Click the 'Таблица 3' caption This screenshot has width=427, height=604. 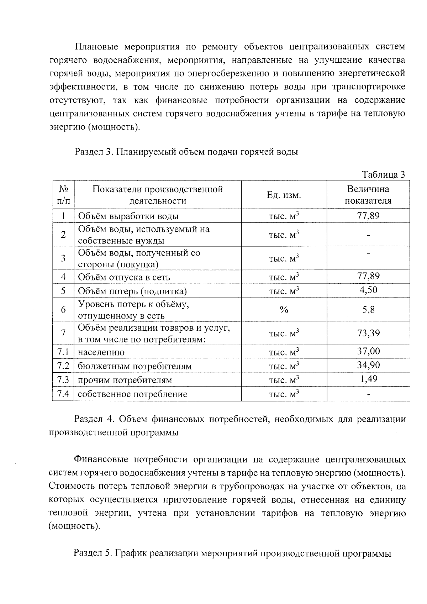(383, 174)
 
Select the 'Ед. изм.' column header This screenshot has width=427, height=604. (284, 195)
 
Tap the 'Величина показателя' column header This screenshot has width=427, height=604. (368, 195)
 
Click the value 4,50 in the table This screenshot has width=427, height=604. (368, 290)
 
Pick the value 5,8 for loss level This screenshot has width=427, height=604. (368, 310)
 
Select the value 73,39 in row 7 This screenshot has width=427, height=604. (368, 333)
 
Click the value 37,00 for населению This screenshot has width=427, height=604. (368, 351)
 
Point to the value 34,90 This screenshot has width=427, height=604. (368, 365)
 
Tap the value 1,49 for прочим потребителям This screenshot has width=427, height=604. (368, 379)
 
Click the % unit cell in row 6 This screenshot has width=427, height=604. (284, 310)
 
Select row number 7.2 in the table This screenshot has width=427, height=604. (63, 366)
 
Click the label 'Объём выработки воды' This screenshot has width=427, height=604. (128, 216)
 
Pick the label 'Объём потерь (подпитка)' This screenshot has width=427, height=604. (132, 291)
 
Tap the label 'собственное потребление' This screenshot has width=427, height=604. (132, 394)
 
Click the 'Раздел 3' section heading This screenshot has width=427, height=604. (186, 152)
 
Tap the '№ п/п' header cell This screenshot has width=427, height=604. (63, 195)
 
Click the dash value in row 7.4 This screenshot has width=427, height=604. (368, 394)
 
